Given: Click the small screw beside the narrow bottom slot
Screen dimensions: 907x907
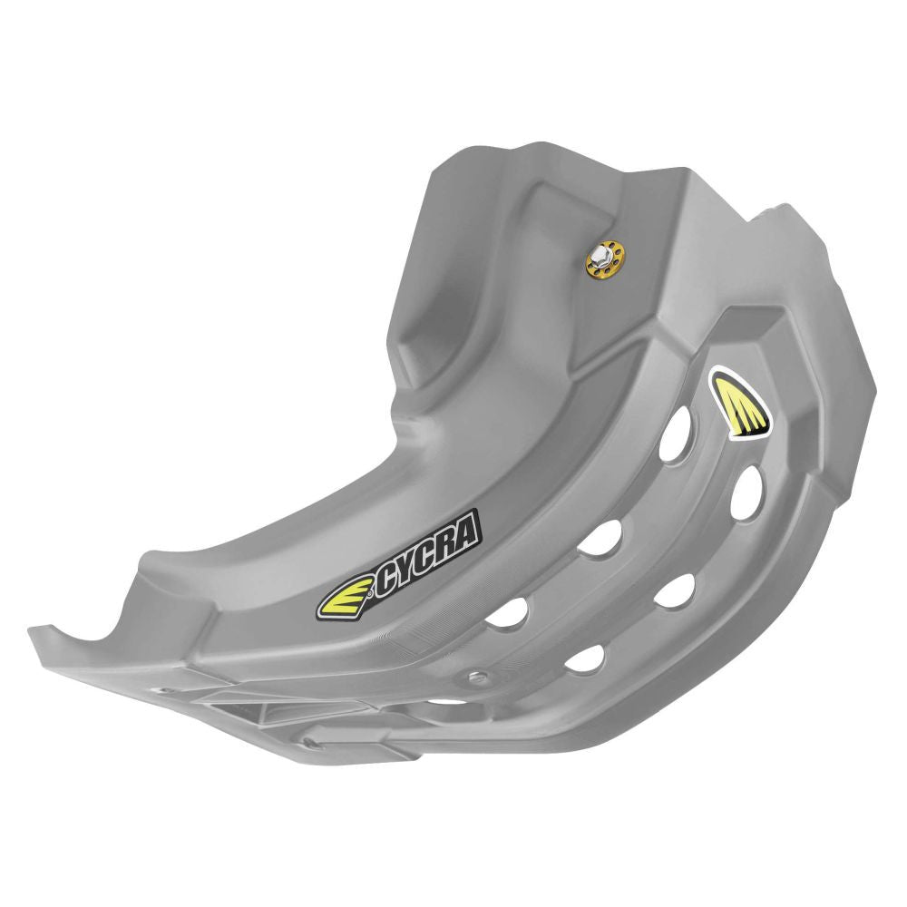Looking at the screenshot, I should (478, 676).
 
